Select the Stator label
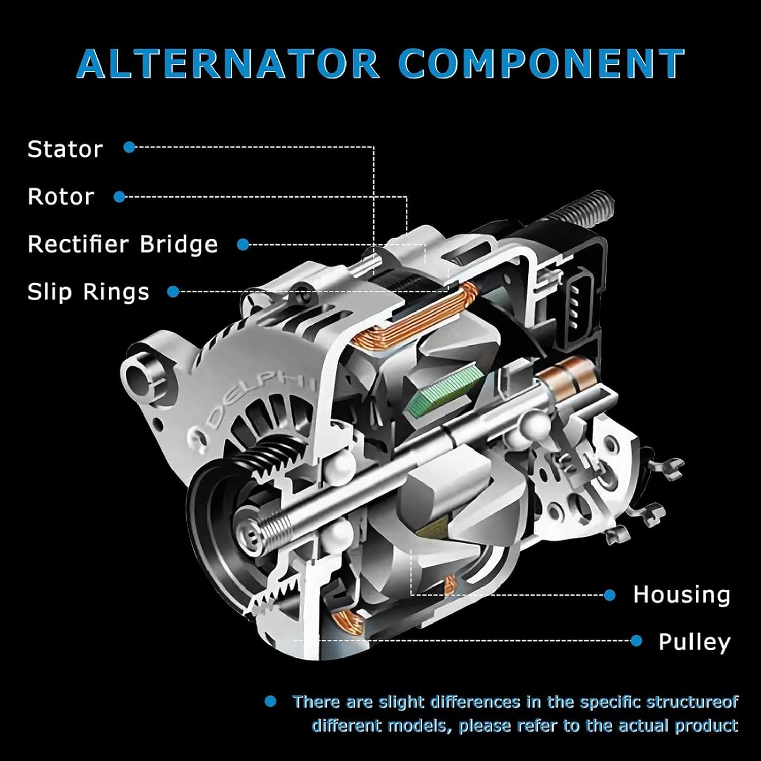[65, 149]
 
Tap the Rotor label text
[61, 197]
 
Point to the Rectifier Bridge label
[122, 245]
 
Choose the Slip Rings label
[88, 292]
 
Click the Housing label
[681, 595]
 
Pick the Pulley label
[694, 642]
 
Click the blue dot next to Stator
[129, 147]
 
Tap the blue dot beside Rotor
[119, 197]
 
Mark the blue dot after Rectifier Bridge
[243, 245]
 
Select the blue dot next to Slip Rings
[173, 292]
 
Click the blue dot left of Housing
[609, 595]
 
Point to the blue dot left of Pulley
[636, 641]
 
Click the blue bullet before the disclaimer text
[270, 702]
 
